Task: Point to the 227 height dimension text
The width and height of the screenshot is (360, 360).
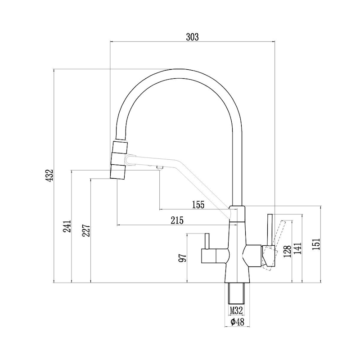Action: pos(87,229)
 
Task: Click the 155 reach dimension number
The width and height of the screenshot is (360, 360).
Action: pos(198,205)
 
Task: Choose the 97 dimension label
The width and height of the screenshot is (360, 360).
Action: pos(183,258)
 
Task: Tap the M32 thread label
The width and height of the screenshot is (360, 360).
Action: pos(237,310)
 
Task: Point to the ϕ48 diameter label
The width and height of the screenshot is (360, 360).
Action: pos(237,322)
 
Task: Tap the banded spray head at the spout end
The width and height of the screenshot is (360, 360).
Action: pos(119,160)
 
